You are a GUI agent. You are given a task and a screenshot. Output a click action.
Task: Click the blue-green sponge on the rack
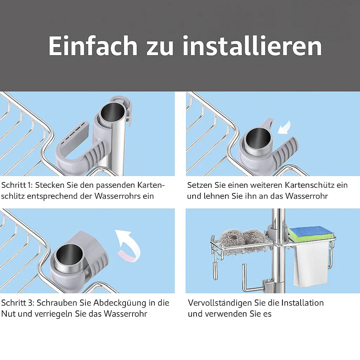click(310, 233)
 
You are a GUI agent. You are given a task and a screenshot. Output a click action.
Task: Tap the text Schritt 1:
click(17, 185)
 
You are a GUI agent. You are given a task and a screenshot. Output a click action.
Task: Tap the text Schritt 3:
click(17, 303)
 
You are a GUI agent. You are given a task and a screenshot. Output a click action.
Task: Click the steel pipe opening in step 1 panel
click(113, 112)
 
